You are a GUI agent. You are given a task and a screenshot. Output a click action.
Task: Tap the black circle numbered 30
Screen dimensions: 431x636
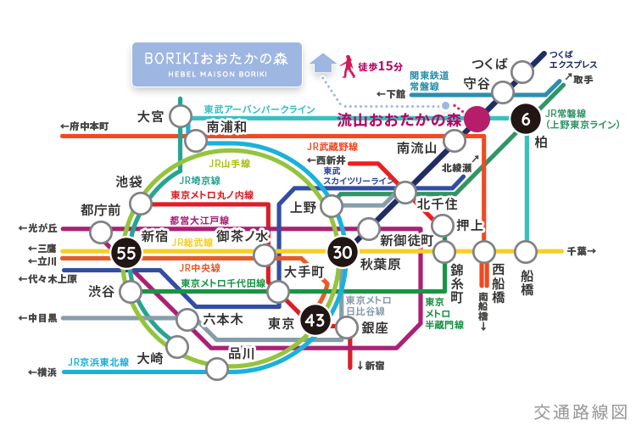tap(343, 252)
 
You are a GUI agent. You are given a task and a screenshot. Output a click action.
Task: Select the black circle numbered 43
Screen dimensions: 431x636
tap(314, 320)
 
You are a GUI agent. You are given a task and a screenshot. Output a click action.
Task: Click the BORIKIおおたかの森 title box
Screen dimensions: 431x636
tap(217, 64)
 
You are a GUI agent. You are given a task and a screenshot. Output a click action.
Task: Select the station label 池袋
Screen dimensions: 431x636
tap(129, 181)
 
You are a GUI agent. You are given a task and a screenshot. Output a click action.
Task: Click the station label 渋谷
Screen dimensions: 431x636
tap(101, 291)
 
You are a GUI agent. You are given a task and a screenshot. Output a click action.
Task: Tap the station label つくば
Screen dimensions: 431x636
tap(490, 64)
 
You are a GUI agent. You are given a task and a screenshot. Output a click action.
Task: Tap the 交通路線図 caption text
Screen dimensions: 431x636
tap(580, 412)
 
